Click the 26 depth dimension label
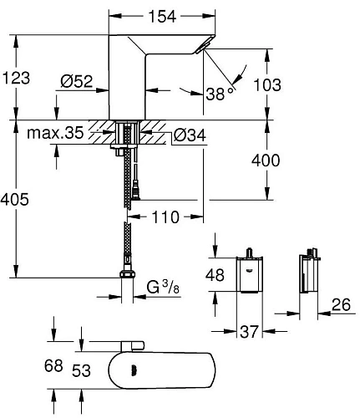(x=341, y=307)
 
